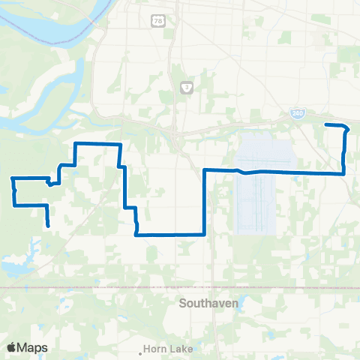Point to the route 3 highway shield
(x=186, y=88)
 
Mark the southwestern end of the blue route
(x=49, y=225)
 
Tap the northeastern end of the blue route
(x=325, y=124)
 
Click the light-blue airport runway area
(x=262, y=191)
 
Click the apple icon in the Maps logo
(x=12, y=347)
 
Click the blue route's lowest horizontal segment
(x=169, y=234)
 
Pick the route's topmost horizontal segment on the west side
(x=97, y=142)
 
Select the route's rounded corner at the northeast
(x=346, y=128)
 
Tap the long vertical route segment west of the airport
(x=205, y=202)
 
